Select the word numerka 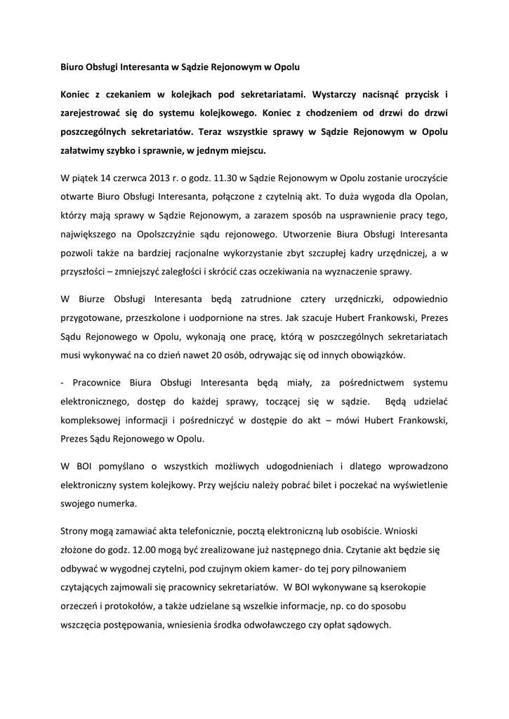(109, 503)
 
